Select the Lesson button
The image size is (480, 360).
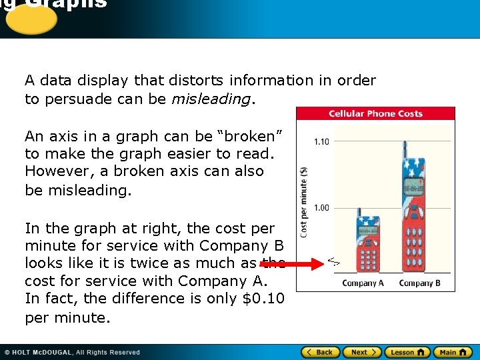[x=407, y=352]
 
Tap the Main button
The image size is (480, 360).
[x=453, y=352]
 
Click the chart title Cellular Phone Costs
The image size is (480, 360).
[x=375, y=113]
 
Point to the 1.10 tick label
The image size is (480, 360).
[x=321, y=141]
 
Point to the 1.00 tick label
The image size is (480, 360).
[x=321, y=208]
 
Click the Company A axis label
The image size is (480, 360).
[x=363, y=283]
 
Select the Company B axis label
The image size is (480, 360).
[x=419, y=283]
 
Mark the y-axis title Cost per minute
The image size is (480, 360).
[x=304, y=202]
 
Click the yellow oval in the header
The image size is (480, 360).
[x=29, y=19]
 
